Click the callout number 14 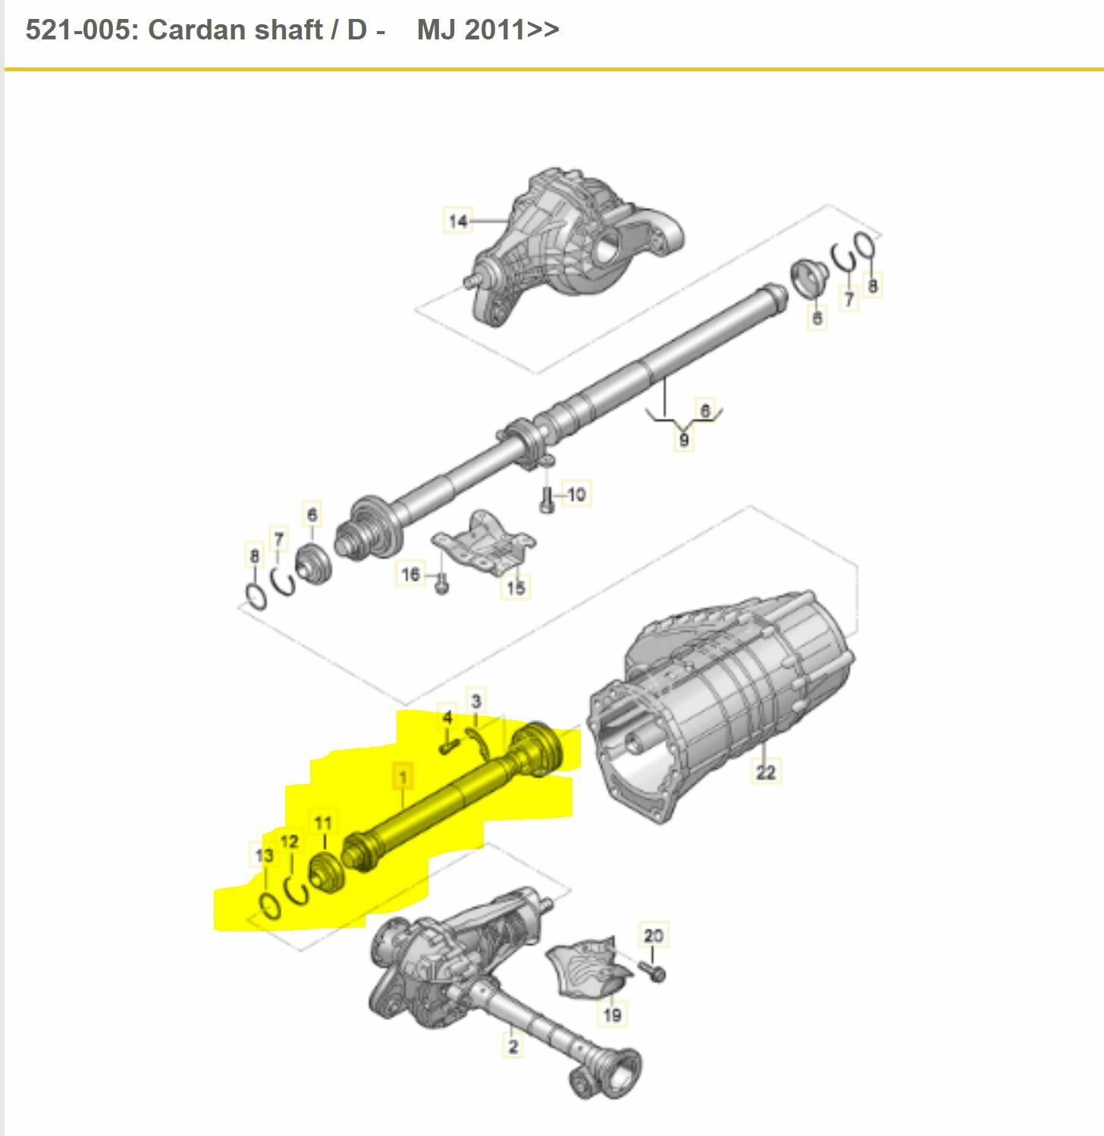pyautogui.click(x=457, y=221)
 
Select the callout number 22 pyautogui.click(x=765, y=771)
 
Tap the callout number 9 pyautogui.click(x=684, y=440)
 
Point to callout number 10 pyautogui.click(x=576, y=494)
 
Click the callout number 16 pyautogui.click(x=410, y=573)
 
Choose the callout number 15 pyautogui.click(x=516, y=586)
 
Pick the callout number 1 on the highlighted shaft pyautogui.click(x=403, y=777)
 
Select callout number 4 pyautogui.click(x=447, y=717)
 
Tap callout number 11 pyautogui.click(x=323, y=823)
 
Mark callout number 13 pyautogui.click(x=264, y=855)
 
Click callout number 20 pyautogui.click(x=653, y=935)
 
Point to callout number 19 pyautogui.click(x=612, y=1013)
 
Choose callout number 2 pyautogui.click(x=513, y=1047)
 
